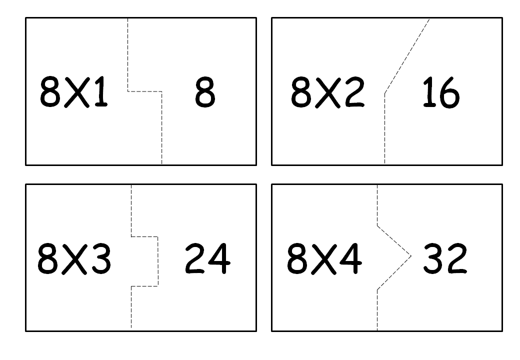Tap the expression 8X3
click(x=74, y=259)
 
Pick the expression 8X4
click(x=324, y=259)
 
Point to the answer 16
click(x=440, y=93)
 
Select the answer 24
click(x=207, y=259)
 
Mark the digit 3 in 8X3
click(x=100, y=259)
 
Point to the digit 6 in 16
click(x=448, y=95)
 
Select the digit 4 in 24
click(x=220, y=259)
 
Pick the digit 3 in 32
click(x=433, y=259)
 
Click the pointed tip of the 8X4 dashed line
click(x=410, y=256)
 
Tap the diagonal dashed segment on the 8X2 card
click(x=406, y=56)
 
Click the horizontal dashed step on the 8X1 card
click(x=145, y=91)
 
